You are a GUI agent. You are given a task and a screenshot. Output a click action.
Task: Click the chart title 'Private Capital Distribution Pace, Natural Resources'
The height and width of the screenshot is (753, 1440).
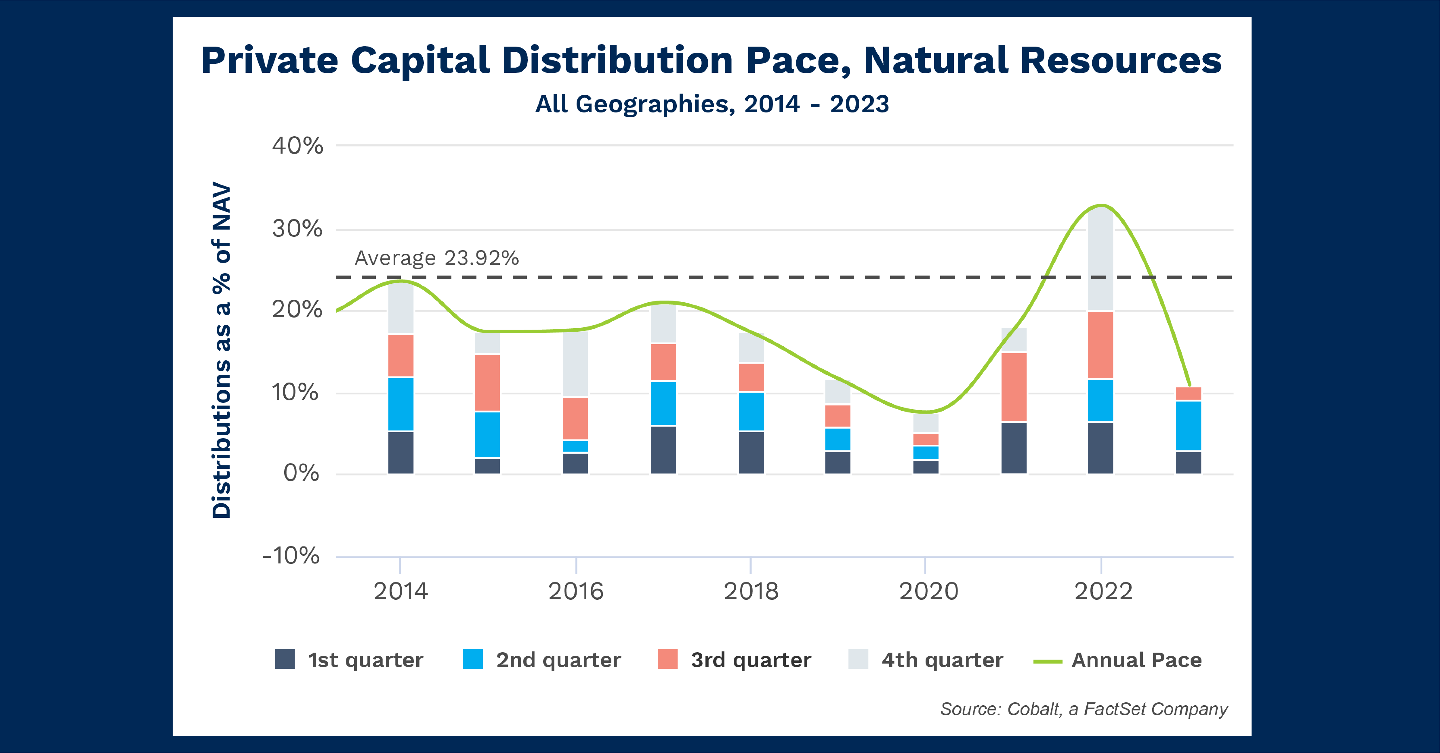click(x=711, y=60)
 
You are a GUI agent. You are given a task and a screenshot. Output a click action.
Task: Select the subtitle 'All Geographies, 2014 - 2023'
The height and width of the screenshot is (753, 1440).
click(x=712, y=104)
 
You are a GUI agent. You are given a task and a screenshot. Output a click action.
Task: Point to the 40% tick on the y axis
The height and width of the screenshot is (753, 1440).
click(x=297, y=146)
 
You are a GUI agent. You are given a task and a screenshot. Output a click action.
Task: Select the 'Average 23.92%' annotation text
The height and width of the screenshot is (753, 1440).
click(x=436, y=258)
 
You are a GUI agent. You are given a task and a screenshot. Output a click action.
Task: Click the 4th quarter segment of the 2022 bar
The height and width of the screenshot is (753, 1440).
click(x=1100, y=260)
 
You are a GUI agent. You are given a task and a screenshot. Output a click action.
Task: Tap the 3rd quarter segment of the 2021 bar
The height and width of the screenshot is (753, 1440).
click(x=1014, y=387)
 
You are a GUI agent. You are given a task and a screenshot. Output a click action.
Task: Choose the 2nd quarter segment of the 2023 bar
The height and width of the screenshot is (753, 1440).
click(x=1188, y=425)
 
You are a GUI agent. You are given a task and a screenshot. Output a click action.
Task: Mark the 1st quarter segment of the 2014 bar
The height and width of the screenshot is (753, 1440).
click(x=401, y=452)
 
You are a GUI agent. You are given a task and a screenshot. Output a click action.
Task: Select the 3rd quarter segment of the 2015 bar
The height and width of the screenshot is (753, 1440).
click(x=487, y=383)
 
